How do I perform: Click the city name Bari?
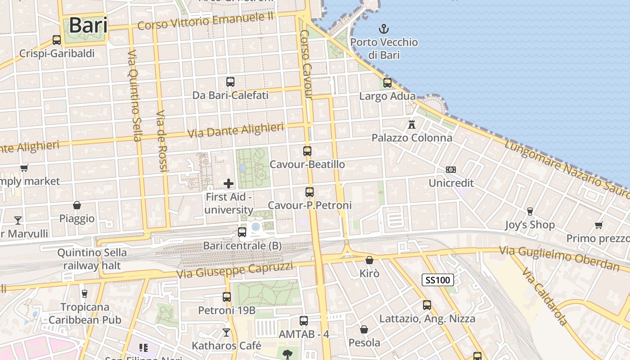[88, 25]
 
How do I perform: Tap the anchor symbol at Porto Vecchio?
[383, 30]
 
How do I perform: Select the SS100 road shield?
[437, 280]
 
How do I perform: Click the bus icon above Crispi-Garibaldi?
[57, 40]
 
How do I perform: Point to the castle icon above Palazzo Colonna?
[411, 124]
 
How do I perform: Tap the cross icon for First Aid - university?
[229, 183]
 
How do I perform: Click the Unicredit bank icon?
[451, 170]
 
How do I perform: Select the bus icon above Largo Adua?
[387, 83]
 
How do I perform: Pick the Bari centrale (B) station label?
[242, 246]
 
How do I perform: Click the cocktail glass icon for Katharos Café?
[226, 333]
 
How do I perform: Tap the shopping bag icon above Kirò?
[369, 260]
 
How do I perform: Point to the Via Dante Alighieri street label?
[235, 130]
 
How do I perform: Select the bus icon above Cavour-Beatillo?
[307, 151]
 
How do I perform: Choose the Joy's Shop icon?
[530, 211]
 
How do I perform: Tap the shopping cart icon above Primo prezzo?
[598, 225]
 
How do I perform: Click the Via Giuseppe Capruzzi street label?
[234, 270]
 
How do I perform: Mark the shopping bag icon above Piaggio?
[77, 205]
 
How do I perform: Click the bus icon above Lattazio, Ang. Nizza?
[427, 305]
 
